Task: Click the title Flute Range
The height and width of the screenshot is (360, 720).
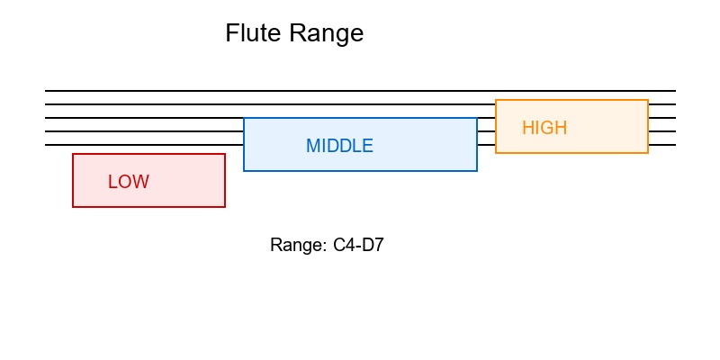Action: click(294, 34)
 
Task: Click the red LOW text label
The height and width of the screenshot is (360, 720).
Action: click(129, 182)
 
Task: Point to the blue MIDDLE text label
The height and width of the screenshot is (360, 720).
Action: click(339, 146)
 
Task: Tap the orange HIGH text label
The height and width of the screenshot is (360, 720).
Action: click(544, 128)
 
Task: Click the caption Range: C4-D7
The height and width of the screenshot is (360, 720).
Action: click(327, 245)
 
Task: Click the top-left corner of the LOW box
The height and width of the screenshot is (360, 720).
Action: click(73, 154)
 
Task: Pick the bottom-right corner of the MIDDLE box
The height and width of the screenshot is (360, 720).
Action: click(477, 170)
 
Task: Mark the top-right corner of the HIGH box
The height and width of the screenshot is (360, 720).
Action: click(648, 100)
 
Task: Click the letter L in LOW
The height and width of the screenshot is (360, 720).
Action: click(112, 182)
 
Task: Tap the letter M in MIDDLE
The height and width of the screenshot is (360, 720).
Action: click(312, 146)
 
